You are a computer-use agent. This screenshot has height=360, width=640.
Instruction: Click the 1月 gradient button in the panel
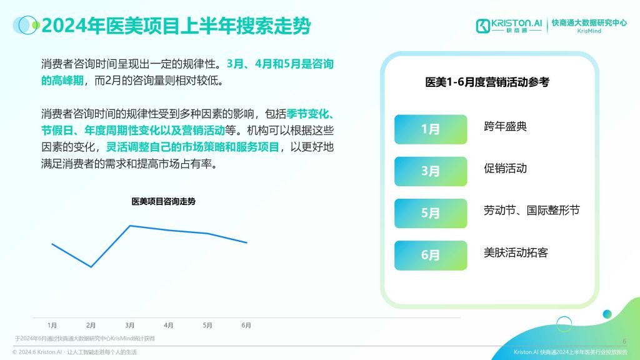click(431, 129)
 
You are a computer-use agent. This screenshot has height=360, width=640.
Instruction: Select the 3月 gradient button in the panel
click(431, 171)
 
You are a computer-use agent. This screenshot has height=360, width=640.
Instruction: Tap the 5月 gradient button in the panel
click(431, 214)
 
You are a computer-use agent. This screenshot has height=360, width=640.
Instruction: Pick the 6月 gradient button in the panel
click(431, 256)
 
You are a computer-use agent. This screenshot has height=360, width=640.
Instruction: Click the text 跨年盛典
click(505, 126)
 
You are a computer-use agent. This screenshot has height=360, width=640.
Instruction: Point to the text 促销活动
click(505, 169)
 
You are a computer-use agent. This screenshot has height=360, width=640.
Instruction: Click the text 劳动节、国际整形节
click(531, 211)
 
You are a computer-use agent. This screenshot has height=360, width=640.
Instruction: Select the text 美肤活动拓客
click(516, 252)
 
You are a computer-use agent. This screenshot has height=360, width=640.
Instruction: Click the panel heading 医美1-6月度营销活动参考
click(487, 82)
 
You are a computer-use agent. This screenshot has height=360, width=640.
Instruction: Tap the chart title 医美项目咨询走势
click(163, 202)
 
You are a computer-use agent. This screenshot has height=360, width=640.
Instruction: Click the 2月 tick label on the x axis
click(91, 325)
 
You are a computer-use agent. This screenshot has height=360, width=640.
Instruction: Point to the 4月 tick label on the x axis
click(169, 325)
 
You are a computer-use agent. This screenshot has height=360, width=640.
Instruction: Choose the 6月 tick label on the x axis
click(246, 325)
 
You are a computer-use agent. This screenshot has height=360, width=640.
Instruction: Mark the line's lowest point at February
click(91, 267)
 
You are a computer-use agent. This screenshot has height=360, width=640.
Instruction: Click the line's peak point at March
click(130, 225)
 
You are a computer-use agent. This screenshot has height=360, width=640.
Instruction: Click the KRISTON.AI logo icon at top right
click(483, 26)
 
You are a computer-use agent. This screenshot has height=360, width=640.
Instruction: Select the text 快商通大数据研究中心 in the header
click(589, 23)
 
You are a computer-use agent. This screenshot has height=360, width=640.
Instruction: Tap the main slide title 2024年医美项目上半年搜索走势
click(176, 26)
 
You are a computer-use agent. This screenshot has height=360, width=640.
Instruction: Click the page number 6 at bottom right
click(624, 341)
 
